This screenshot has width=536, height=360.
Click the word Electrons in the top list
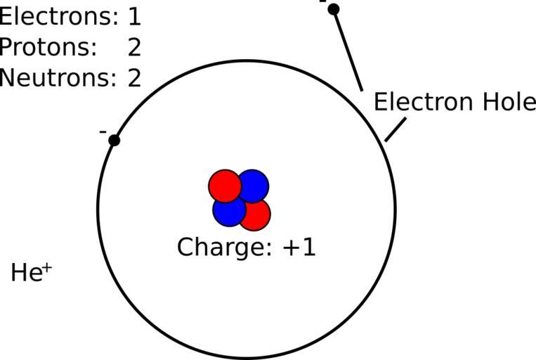point(58,16)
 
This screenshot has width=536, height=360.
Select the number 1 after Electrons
point(134,17)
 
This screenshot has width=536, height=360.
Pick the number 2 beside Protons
point(134,47)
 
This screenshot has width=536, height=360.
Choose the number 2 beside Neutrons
point(134,77)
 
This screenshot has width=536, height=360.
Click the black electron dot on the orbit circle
point(114,141)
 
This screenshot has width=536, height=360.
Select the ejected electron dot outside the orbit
point(334,9)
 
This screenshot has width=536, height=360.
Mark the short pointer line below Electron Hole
point(396,130)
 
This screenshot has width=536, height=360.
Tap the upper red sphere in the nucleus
point(224,186)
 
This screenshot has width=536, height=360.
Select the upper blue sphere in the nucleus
point(254,186)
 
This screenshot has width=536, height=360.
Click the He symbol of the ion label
point(27,273)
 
